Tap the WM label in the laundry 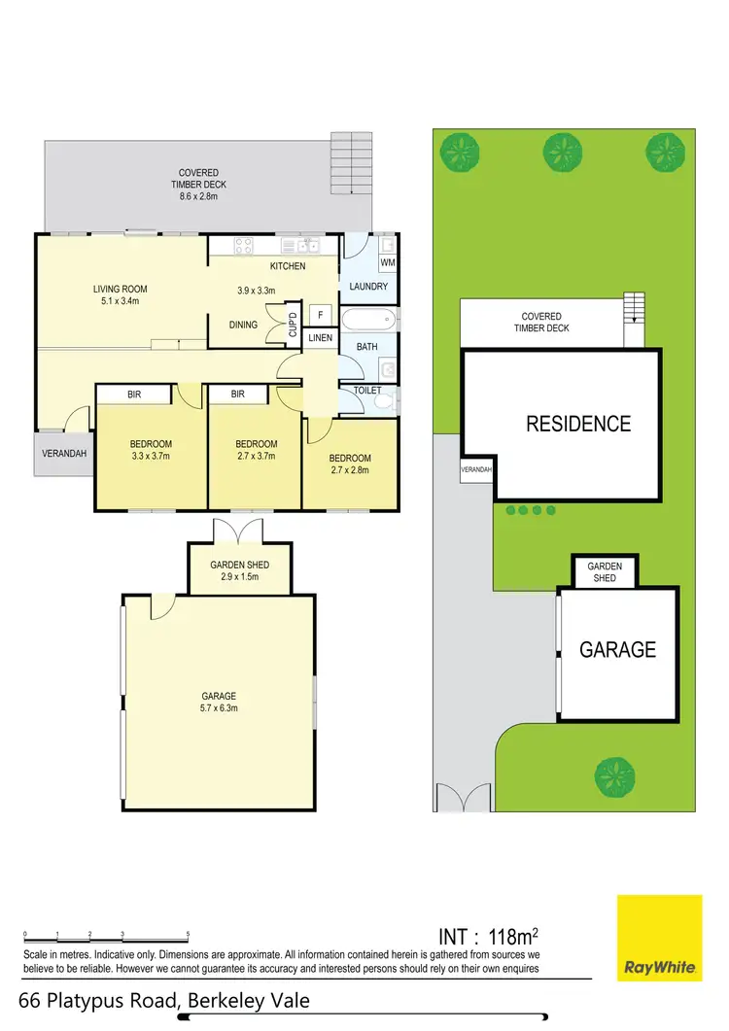(388, 262)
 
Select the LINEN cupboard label (319, 337)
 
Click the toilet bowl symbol (386, 400)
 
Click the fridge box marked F (320, 314)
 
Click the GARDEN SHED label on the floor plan (239, 565)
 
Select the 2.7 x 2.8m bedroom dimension (349, 470)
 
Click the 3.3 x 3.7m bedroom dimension (151, 456)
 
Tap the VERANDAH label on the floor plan (64, 454)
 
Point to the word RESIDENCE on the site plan (577, 424)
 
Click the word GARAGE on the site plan (617, 650)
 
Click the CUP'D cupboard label (292, 325)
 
